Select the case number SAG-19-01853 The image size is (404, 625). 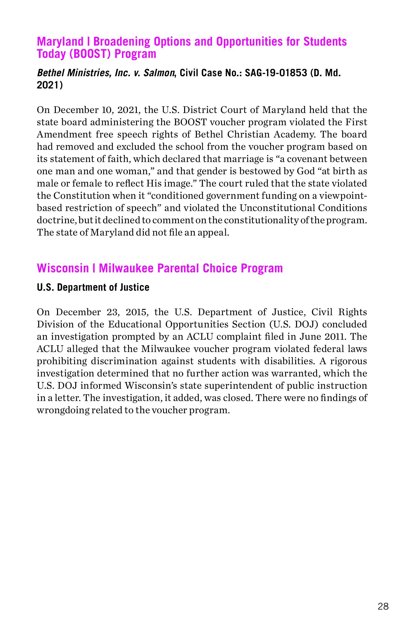(x=276, y=73)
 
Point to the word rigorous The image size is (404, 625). (x=348, y=361)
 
